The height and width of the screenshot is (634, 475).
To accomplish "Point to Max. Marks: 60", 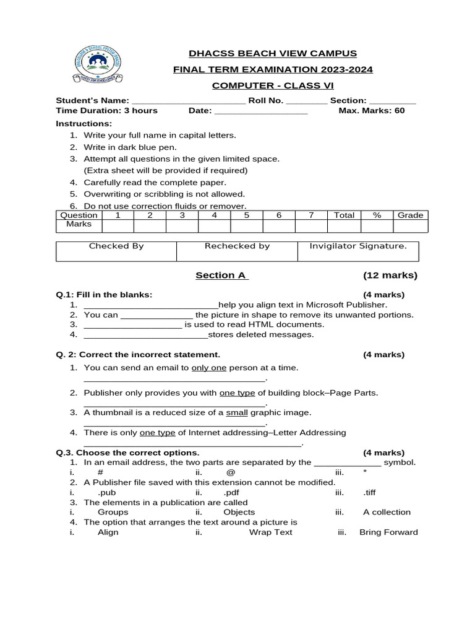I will [x=372, y=111].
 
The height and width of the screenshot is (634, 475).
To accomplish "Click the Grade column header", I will [x=410, y=215].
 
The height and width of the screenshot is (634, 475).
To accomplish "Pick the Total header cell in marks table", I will [x=344, y=215].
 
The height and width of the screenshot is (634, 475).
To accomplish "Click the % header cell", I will [x=376, y=215].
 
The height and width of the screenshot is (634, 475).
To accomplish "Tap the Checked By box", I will [x=116, y=251].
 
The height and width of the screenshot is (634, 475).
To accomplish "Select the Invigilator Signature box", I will [x=358, y=251].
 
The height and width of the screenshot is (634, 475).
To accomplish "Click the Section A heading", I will [x=222, y=276].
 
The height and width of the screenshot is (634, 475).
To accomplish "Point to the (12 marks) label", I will [x=390, y=276].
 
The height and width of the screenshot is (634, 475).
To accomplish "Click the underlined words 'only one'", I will [x=209, y=368].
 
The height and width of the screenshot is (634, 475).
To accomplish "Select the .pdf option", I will [x=232, y=492].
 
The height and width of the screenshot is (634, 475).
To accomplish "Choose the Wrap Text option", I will [x=271, y=532].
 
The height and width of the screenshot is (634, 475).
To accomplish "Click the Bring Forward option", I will [x=388, y=532].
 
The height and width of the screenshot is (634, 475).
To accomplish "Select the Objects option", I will [x=239, y=512].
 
